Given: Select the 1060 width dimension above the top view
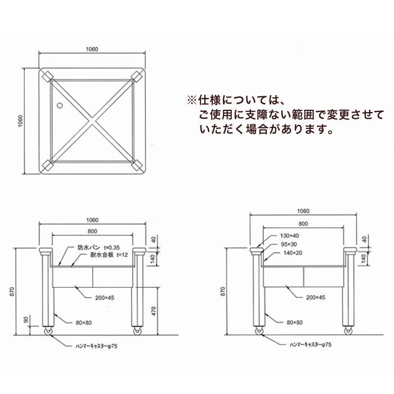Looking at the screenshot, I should [92, 50].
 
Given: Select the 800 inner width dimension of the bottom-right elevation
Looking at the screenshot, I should [303, 223].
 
